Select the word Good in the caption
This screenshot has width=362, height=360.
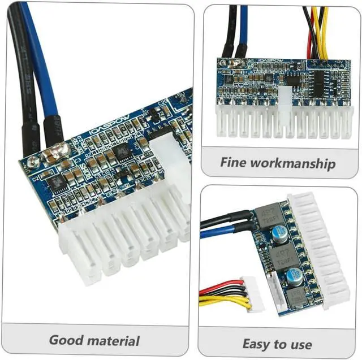(67, 340)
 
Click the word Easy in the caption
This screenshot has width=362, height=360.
(255, 344)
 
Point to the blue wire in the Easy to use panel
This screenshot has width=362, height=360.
(221, 232)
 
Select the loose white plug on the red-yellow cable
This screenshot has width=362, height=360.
(248, 289)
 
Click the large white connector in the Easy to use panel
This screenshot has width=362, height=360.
(322, 249)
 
